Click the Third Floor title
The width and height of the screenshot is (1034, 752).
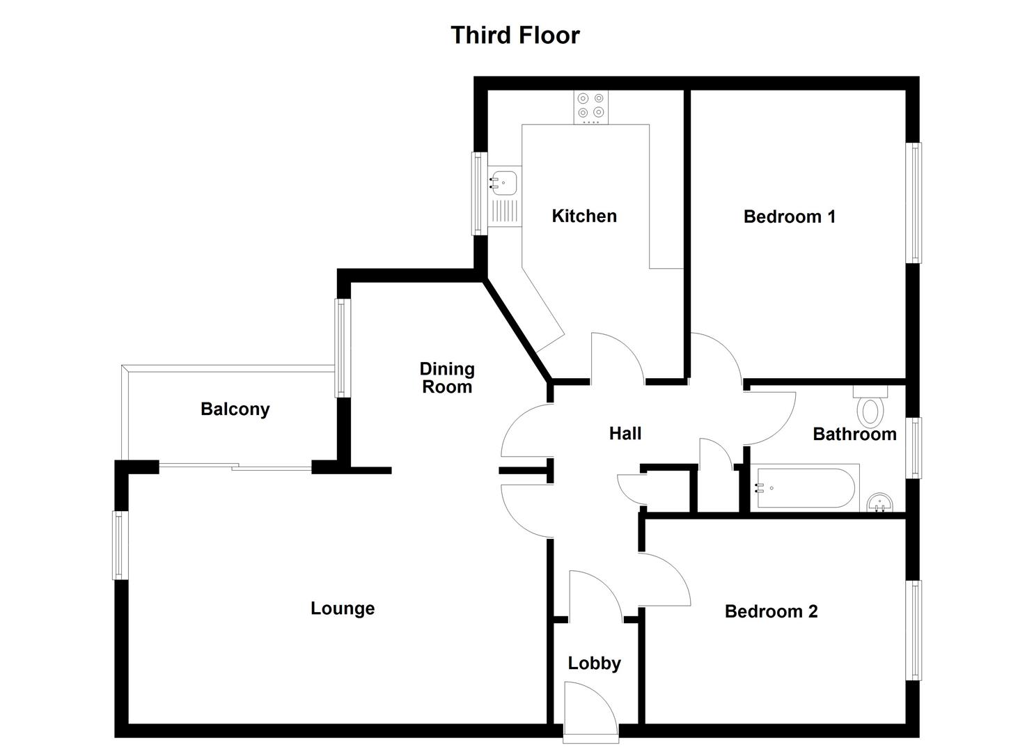(x=515, y=35)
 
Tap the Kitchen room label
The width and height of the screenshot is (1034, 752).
(x=583, y=216)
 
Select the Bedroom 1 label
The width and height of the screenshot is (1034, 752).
(x=789, y=217)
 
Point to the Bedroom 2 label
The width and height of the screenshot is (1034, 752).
(x=771, y=611)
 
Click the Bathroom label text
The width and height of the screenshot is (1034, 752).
(x=854, y=434)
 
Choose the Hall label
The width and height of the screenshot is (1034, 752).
(x=625, y=433)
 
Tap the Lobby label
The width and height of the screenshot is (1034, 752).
(x=594, y=663)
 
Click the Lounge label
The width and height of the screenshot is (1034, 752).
(x=342, y=608)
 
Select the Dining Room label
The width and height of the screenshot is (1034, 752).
(x=446, y=377)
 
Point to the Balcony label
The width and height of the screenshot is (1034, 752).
(x=235, y=409)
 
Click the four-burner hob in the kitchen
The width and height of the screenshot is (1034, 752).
(x=590, y=107)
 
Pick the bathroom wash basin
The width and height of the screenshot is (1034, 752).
(x=880, y=503)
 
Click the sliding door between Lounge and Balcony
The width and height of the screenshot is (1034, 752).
(x=235, y=467)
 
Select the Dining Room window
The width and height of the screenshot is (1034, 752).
(x=342, y=347)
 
